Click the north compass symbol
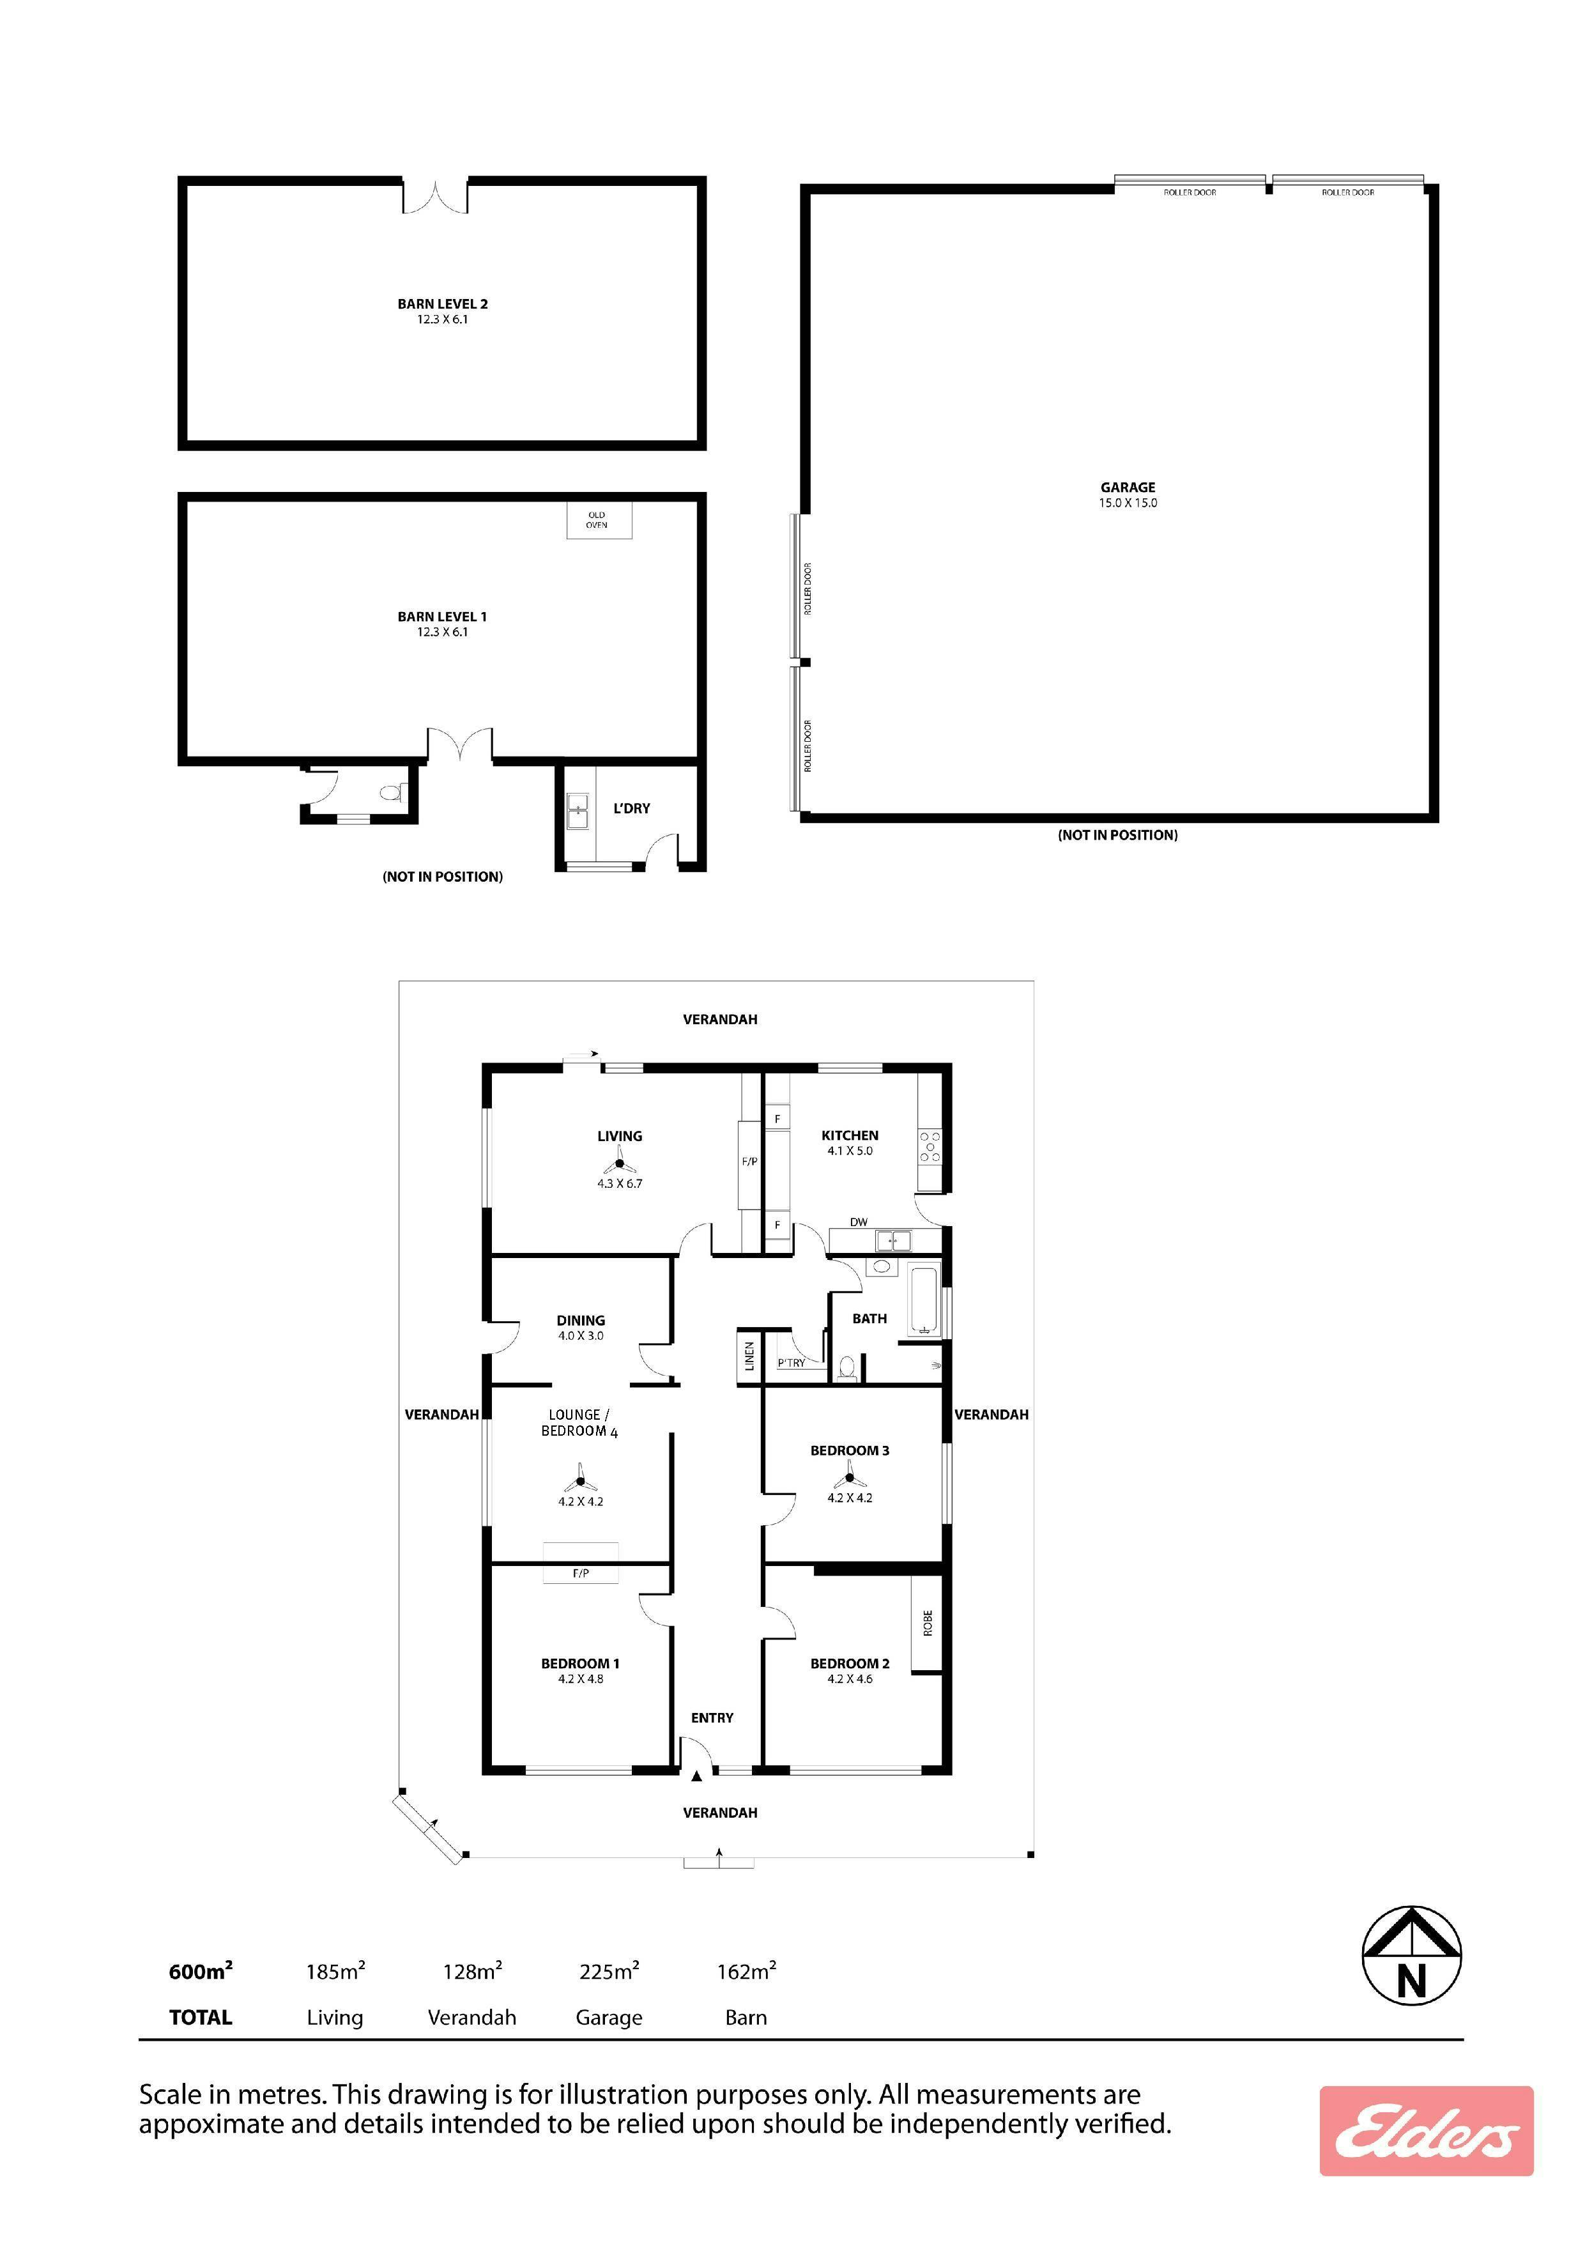pyautogui.click(x=1411, y=1956)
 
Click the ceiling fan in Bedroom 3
pyautogui.click(x=850, y=1478)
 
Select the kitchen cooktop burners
pyautogui.click(x=930, y=1146)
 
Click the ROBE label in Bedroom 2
pyautogui.click(x=928, y=1623)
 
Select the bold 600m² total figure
pyautogui.click(x=201, y=1972)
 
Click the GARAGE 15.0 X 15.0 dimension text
pyautogui.click(x=1128, y=503)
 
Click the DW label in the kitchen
pyautogui.click(x=859, y=1222)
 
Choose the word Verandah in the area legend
pyautogui.click(x=471, y=2017)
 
